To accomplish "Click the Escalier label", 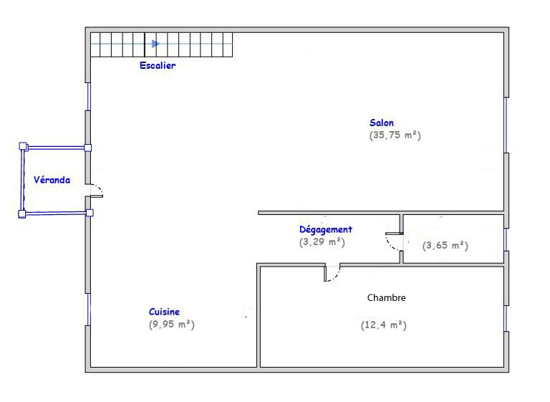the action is (158, 65).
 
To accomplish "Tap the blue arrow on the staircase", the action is (155, 44).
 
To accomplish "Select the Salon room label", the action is (382, 123).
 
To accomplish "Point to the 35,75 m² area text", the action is (395, 135).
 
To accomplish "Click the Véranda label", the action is (52, 180).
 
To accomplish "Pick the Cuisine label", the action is (164, 312).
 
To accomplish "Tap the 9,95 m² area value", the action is (172, 324).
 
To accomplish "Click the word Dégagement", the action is (326, 229).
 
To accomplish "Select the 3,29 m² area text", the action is (322, 242).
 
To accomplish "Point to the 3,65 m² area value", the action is (445, 245).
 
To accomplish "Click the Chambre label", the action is (386, 297).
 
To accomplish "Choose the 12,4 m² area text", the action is (383, 325).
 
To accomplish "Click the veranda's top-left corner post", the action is (23, 146).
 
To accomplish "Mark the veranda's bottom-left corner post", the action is (21, 214).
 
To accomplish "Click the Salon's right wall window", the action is (506, 125).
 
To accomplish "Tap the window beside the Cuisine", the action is (88, 310).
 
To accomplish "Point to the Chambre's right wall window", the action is (506, 318).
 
